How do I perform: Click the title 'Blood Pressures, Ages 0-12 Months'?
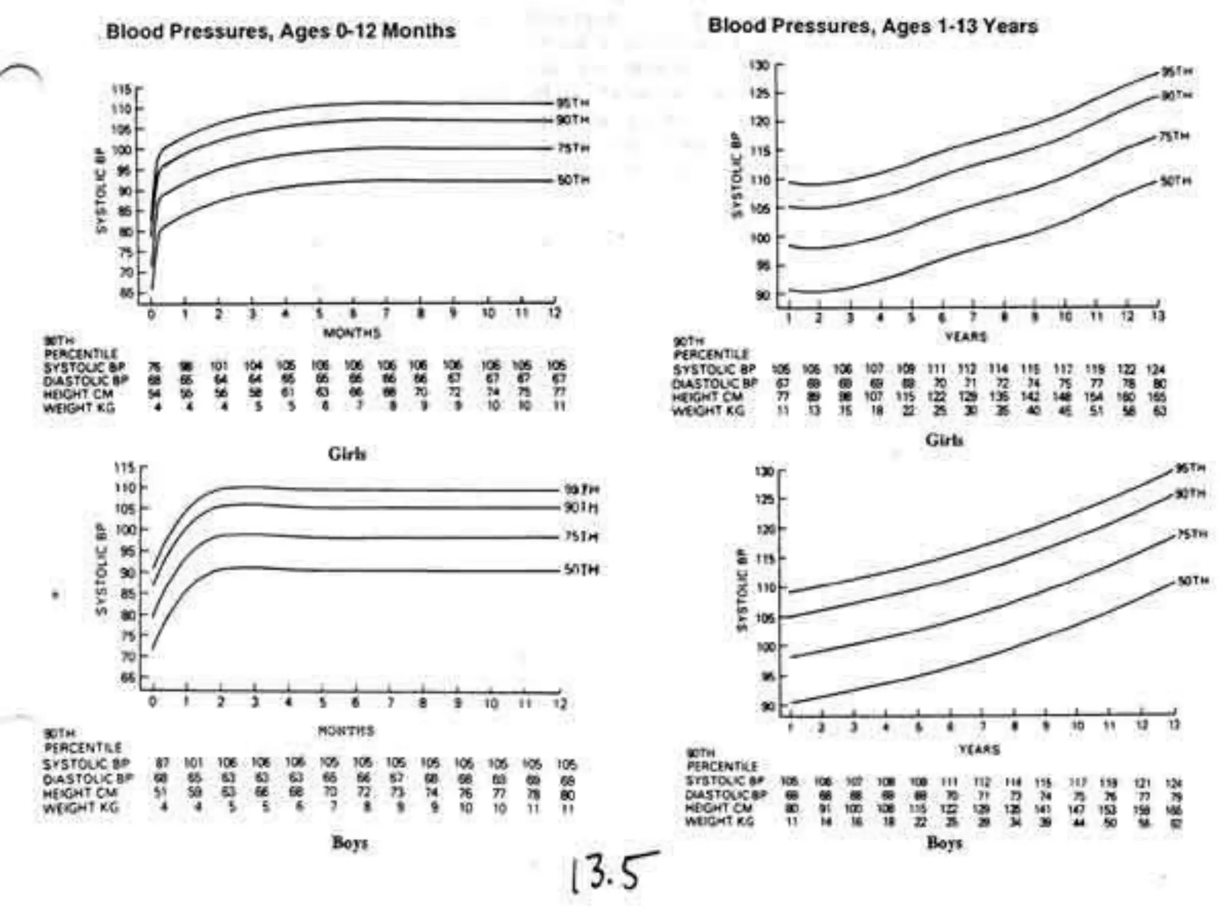280,31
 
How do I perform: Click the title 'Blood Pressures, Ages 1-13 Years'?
873,26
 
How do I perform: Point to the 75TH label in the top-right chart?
1175,137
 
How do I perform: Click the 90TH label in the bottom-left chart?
581,508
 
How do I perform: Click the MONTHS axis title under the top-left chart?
352,333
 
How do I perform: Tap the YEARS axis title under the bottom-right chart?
979,750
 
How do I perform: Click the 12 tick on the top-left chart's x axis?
554,313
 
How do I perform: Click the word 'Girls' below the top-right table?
944,440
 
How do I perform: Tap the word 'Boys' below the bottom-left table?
350,843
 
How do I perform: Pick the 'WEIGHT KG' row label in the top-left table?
79,408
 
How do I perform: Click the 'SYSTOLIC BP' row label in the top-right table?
713,369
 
